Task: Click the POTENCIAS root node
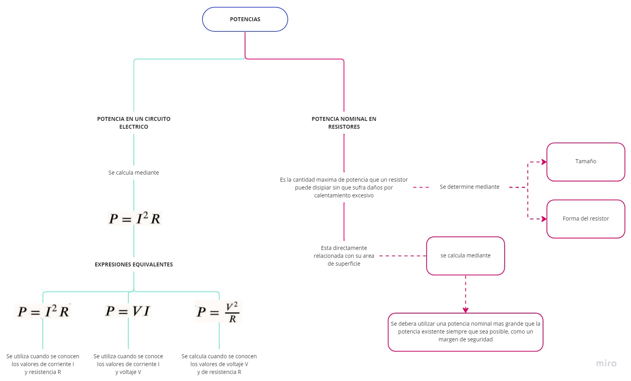pos(245,19)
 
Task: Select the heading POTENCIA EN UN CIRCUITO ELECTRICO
pos(134,123)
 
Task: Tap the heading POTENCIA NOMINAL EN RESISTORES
pos(344,123)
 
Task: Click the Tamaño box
pos(585,162)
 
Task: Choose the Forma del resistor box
pos(585,219)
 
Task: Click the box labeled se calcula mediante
pos(465,256)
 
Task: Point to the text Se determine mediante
pos(469,187)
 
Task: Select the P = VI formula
pos(128,311)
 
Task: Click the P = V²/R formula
pos(219,312)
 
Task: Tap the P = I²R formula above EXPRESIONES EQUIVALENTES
pos(134,218)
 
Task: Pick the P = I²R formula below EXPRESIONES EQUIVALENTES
pos(43,312)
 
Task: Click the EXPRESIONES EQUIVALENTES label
pos(134,265)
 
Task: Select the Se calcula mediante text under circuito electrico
pos(134,173)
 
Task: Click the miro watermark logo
pos(606,364)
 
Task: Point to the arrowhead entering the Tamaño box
pos(544,162)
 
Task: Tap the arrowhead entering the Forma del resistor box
pos(544,219)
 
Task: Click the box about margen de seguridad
pos(465,332)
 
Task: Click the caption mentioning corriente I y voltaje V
pos(128,364)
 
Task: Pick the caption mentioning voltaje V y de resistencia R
pos(219,364)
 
